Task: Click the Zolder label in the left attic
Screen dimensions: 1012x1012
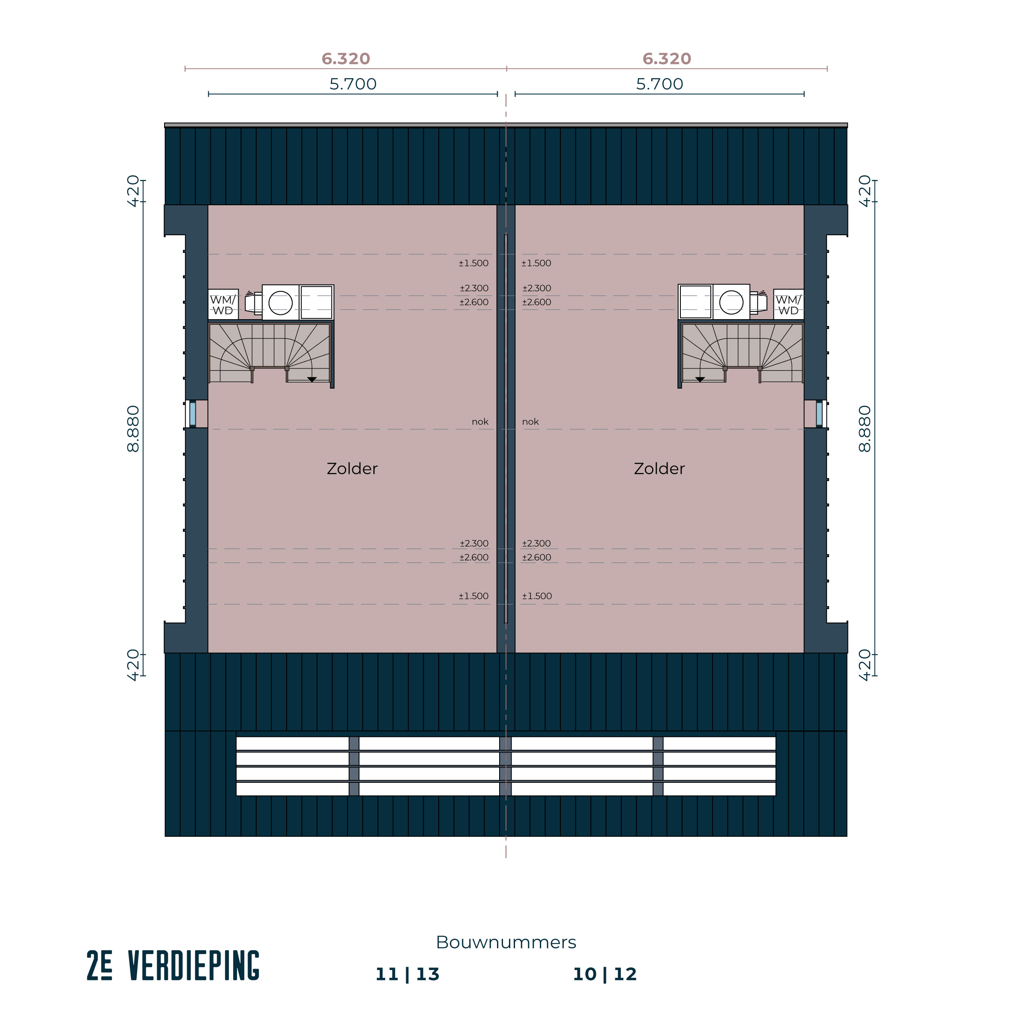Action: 352,469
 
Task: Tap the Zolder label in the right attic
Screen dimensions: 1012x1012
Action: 659,469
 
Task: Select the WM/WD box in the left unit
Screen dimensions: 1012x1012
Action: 223,304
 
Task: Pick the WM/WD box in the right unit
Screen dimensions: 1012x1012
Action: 788,304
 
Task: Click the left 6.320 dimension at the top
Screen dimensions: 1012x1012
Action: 346,59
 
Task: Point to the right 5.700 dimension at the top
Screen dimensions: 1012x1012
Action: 659,84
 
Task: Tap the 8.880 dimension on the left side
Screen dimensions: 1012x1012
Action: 134,428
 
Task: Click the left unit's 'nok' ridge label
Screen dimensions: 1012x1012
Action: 480,422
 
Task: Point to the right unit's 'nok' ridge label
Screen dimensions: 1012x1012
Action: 530,422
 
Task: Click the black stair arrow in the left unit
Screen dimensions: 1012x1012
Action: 311,379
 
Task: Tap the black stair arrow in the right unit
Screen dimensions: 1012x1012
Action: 700,379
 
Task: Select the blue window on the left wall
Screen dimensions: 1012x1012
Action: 193,414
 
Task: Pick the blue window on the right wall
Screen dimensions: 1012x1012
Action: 819,414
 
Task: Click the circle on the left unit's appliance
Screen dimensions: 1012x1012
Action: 281,303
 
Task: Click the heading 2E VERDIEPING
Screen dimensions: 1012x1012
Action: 173,965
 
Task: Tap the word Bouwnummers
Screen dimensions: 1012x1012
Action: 506,942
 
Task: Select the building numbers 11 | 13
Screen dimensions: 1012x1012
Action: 407,974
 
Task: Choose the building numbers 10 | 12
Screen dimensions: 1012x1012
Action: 605,974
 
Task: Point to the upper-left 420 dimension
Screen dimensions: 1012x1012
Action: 134,191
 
